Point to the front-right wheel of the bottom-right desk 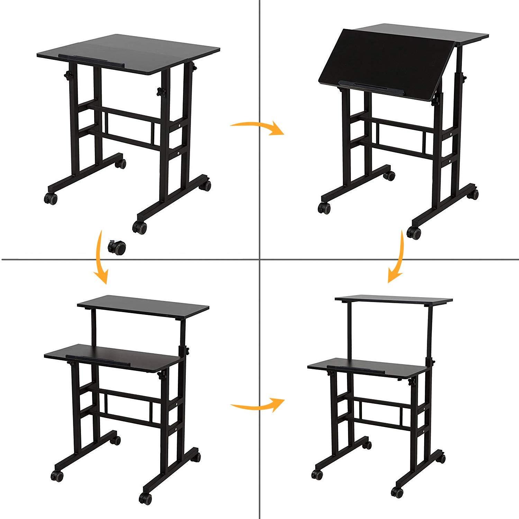click(396, 492)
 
